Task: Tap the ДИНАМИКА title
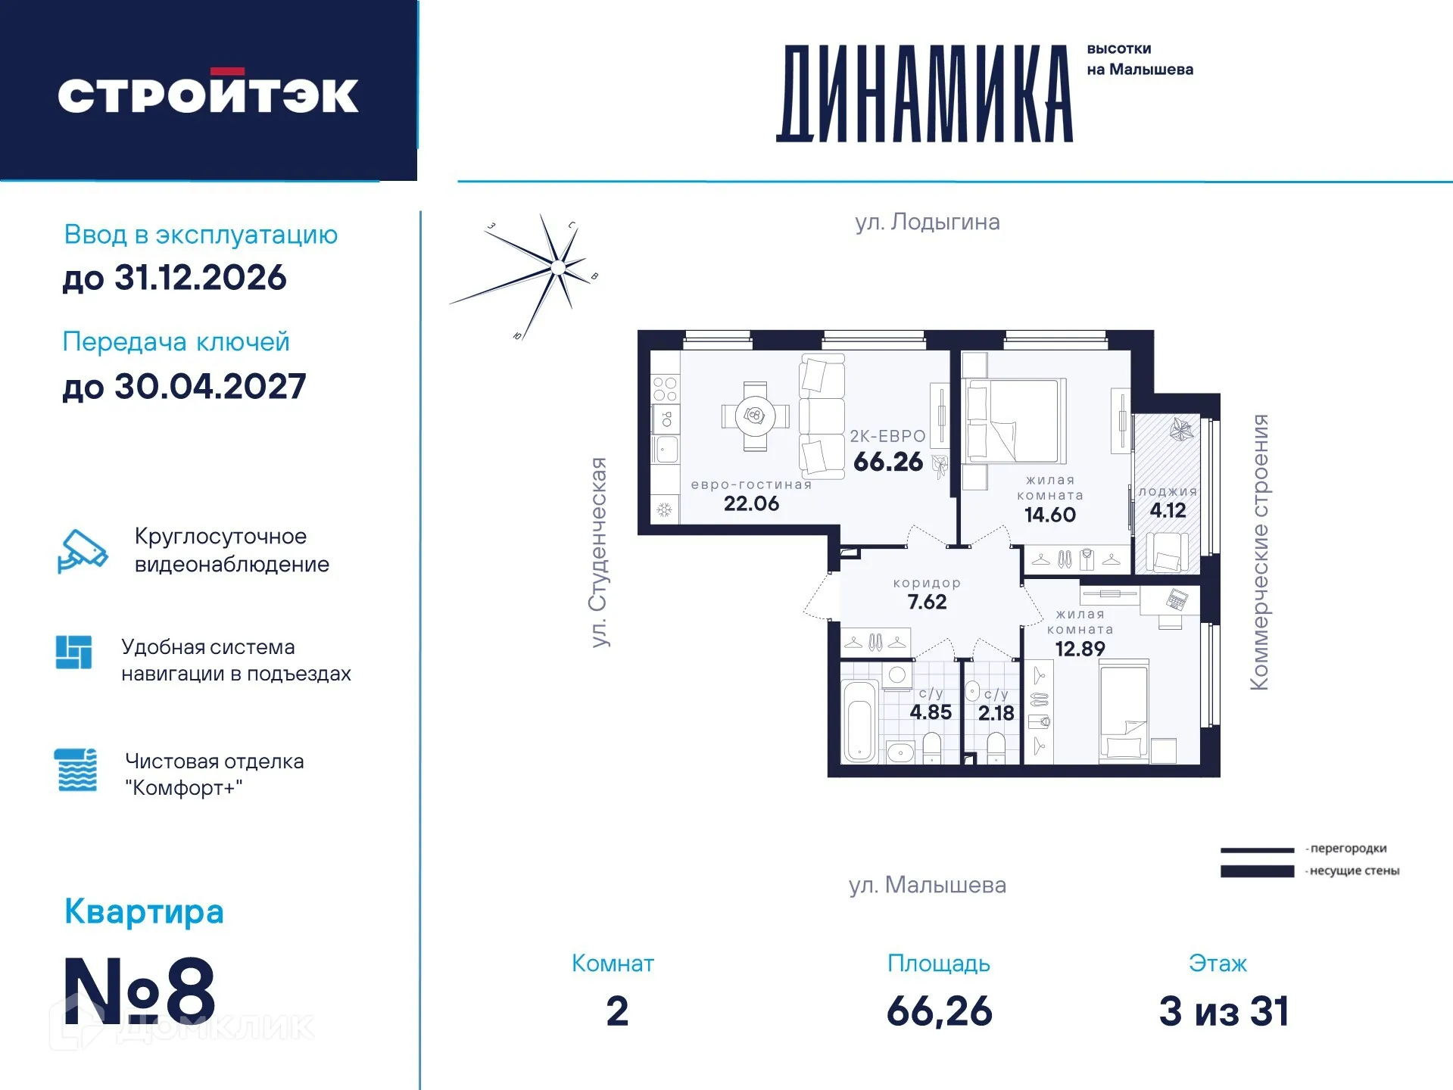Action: tap(924, 94)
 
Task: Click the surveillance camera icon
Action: tap(82, 550)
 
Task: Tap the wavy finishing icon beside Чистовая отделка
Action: tap(76, 770)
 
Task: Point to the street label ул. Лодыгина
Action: tap(927, 222)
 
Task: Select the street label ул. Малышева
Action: tap(927, 885)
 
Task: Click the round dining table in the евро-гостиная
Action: tap(755, 416)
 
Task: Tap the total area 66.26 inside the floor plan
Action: tap(887, 462)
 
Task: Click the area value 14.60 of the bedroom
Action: tap(1049, 515)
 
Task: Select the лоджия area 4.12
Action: tap(1168, 510)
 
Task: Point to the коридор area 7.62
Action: tap(927, 602)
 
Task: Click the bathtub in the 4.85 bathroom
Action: tap(859, 722)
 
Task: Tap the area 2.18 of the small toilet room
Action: tap(995, 713)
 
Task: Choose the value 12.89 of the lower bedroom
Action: tap(1080, 649)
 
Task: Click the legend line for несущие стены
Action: tap(1257, 871)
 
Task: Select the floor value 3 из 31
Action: tap(1224, 1011)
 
